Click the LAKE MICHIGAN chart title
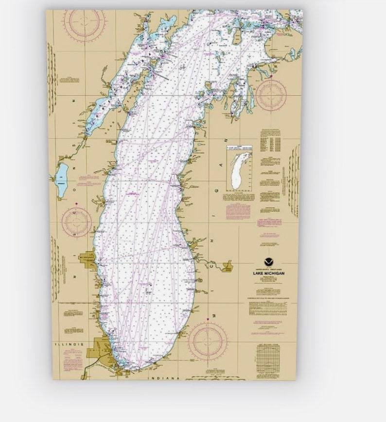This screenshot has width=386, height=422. pyautogui.click(x=269, y=274)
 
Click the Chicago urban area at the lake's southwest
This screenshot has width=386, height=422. pyautogui.click(x=99, y=351)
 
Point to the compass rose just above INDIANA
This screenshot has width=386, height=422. pyautogui.click(x=208, y=341)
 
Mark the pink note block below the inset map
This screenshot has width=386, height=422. pyautogui.click(x=238, y=211)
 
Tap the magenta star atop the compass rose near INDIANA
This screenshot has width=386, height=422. pyautogui.click(x=208, y=319)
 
